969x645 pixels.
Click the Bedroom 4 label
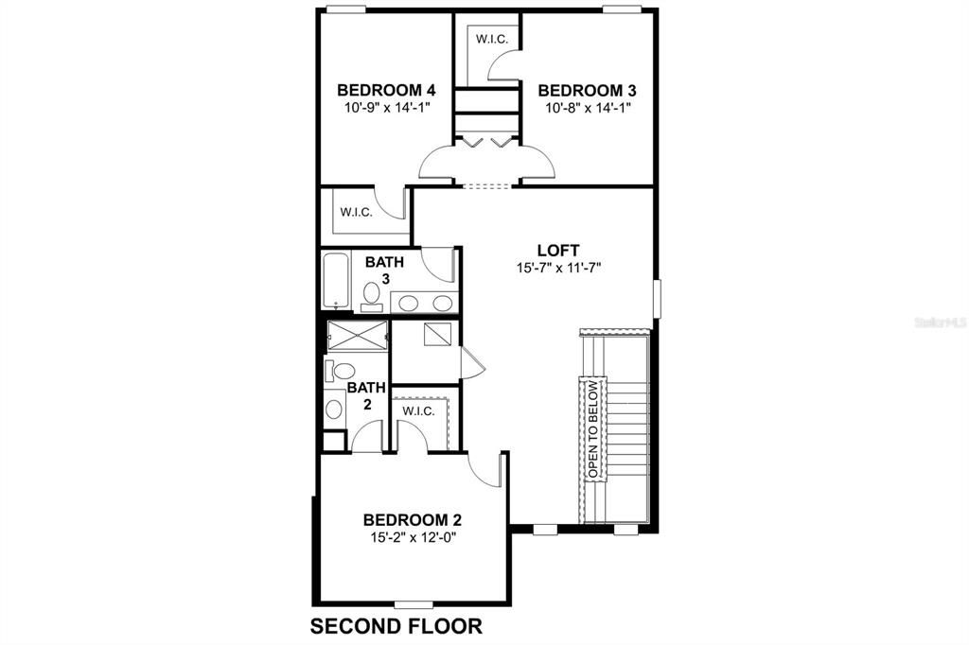click(386, 90)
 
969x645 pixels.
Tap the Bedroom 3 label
click(587, 90)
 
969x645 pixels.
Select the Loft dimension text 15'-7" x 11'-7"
click(558, 269)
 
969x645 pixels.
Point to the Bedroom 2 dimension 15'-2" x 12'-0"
click(413, 537)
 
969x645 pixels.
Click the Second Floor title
click(396, 626)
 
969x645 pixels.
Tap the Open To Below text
click(593, 428)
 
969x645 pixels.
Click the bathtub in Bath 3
click(336, 281)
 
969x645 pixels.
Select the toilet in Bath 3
click(372, 294)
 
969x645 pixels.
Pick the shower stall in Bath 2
click(357, 336)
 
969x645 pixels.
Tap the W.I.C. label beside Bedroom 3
click(492, 39)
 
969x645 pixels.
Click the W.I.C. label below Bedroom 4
click(356, 213)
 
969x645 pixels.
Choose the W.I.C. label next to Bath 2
click(418, 411)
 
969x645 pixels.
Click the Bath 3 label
click(384, 270)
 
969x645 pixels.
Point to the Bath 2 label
click(366, 396)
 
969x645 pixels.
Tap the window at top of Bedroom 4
click(346, 9)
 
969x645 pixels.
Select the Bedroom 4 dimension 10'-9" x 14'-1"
click(387, 108)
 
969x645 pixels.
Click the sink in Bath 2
click(334, 409)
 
